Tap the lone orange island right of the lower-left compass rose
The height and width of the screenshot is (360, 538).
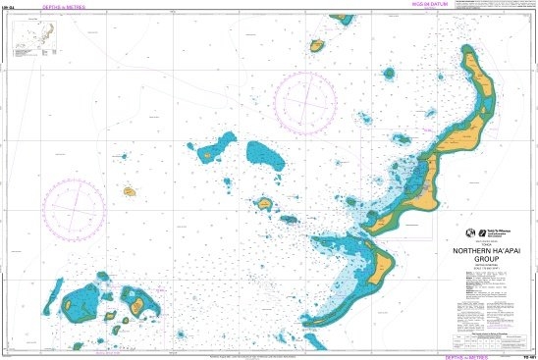[x=129, y=192]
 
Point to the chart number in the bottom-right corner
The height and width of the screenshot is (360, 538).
[x=527, y=354]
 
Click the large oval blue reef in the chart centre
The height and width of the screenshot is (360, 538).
[x=264, y=154]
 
